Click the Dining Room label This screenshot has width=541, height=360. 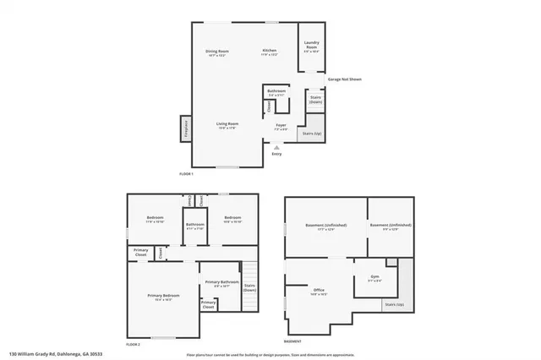217,52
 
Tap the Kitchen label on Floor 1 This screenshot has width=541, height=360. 269,52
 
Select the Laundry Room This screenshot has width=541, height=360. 311,47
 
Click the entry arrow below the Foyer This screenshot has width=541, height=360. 276,146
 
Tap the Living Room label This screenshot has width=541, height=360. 227,125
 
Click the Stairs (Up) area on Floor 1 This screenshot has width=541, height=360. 312,132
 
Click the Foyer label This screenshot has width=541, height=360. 281,127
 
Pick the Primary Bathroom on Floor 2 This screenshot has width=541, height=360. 222,285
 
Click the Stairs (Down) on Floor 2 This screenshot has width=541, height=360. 249,286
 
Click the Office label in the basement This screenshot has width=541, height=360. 319,292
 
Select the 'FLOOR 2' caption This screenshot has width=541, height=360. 133,344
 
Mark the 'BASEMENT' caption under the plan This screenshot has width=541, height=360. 292,341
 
